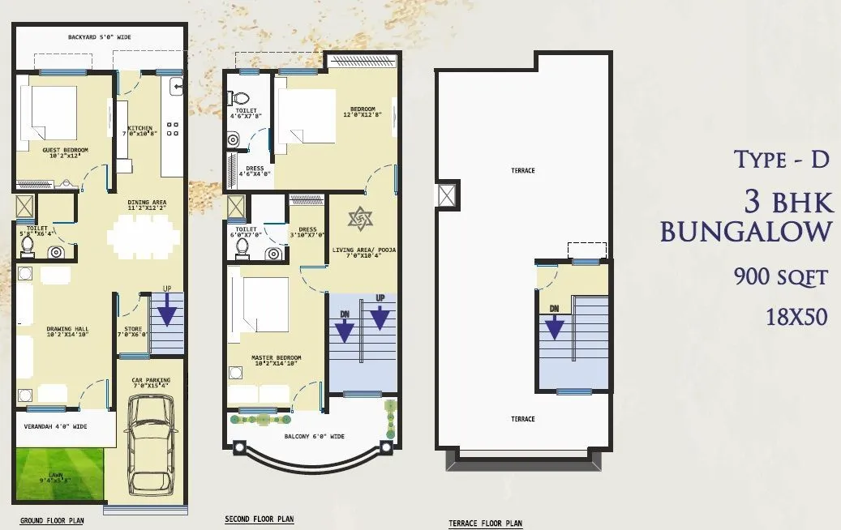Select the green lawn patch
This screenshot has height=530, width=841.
pos(59,473)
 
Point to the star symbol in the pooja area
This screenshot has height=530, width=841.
pos(358,219)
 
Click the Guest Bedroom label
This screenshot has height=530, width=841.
pos(65,152)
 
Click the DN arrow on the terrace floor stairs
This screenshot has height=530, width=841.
pos(555,326)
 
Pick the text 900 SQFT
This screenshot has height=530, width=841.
pos(780,277)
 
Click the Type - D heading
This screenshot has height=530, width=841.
pos(782,160)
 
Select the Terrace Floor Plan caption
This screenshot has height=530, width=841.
pos(485,524)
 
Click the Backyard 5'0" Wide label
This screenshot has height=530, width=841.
pos(101,37)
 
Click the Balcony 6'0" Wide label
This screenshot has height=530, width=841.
pos(314,437)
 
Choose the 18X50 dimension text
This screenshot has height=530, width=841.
pos(796,317)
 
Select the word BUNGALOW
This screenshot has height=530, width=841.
pos(745,232)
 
